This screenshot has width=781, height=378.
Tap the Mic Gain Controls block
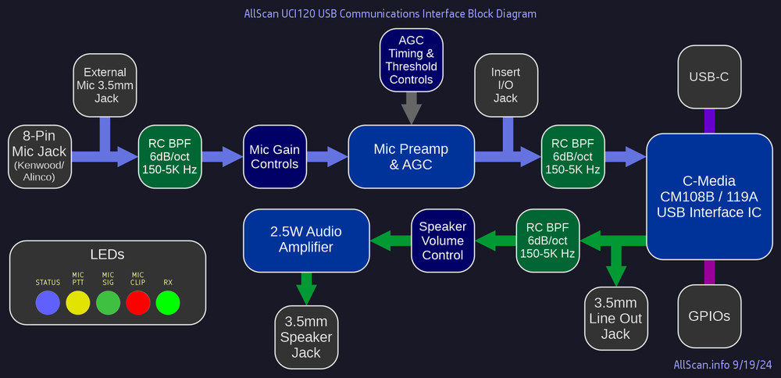pos(274,156)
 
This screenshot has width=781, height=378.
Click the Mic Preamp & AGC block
pos(411,156)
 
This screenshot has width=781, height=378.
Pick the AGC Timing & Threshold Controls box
pos(411,59)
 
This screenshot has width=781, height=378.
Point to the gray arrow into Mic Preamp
pos(411,108)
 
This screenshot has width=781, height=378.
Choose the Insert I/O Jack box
pos(505,84)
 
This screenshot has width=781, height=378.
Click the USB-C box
pos(709,77)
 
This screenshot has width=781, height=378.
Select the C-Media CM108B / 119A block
pos(709,196)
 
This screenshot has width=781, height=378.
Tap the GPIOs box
pos(709,316)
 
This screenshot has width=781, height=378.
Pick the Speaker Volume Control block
pos(443,241)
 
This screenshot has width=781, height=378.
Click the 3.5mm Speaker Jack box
pos(306,337)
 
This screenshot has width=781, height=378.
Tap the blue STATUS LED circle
pos(48,303)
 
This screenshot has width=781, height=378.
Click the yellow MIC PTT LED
pos(78,303)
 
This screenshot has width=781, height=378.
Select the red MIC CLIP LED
pos(138,303)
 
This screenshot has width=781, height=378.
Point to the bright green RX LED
pos(168,303)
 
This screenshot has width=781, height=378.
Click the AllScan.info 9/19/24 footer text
pos(722,365)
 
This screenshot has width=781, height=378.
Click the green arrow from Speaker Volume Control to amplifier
pos(390,241)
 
